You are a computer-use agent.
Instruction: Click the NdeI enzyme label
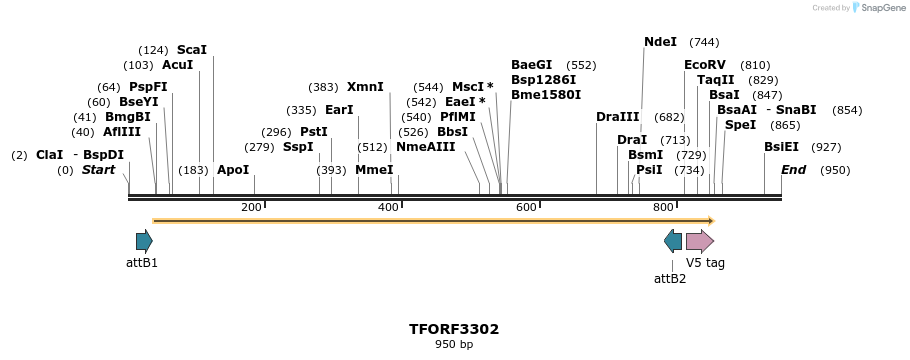[x=660, y=42]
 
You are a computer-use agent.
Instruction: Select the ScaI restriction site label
[x=191, y=49]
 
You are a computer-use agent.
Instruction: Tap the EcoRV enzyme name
[x=705, y=64]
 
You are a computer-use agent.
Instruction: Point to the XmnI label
[x=365, y=87]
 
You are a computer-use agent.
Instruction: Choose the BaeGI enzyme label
[x=531, y=64]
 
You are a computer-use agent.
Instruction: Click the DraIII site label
[x=617, y=117]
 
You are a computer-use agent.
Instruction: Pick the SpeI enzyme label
[x=740, y=125]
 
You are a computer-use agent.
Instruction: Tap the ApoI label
[x=233, y=170]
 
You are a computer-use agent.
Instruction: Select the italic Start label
[x=98, y=170]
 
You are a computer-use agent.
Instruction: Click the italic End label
[x=793, y=170]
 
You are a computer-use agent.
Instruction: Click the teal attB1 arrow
[x=144, y=241]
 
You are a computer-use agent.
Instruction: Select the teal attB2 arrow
[x=673, y=241]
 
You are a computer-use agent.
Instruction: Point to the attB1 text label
[x=142, y=263]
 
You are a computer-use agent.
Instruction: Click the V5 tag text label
[x=705, y=263]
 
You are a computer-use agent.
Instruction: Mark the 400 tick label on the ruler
[x=388, y=207]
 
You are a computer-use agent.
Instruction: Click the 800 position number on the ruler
[x=663, y=207]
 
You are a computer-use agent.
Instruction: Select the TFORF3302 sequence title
[x=454, y=329]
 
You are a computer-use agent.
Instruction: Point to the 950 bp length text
[x=454, y=345]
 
